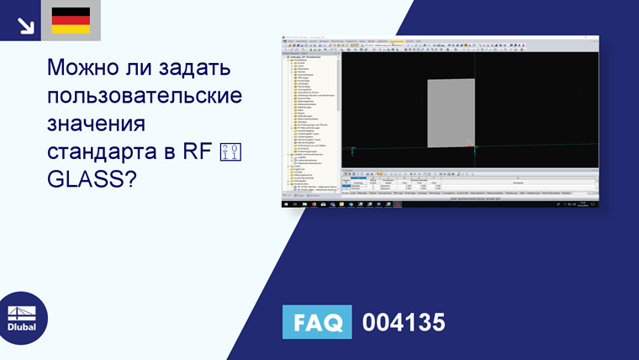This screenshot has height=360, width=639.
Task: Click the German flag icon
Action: pyautogui.click(x=71, y=20)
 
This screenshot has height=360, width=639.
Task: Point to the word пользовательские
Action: pyautogui.click(x=145, y=96)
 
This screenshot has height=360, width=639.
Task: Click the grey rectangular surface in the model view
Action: pyautogui.click(x=451, y=112)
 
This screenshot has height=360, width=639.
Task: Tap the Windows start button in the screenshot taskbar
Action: pyautogui.click(x=284, y=204)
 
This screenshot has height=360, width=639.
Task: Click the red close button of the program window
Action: pyautogui.click(x=596, y=38)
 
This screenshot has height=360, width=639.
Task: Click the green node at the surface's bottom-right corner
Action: pyautogui.click(x=475, y=148)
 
